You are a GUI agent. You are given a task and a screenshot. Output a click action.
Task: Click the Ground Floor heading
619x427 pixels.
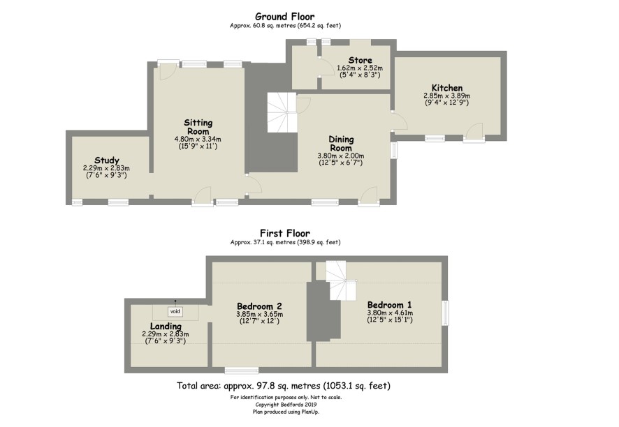click(284, 17)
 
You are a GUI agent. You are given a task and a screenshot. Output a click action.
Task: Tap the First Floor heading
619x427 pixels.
click(284, 233)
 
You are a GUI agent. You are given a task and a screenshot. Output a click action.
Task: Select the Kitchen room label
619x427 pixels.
click(447, 88)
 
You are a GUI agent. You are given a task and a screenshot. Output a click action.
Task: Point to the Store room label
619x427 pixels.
click(360, 60)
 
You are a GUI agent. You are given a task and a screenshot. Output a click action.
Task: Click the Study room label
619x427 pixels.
click(107, 160)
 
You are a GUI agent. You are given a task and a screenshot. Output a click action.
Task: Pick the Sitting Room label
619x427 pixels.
click(198, 127)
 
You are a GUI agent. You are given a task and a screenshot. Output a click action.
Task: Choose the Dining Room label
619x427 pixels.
click(341, 144)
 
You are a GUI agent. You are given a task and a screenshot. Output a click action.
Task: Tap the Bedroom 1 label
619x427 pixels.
click(390, 305)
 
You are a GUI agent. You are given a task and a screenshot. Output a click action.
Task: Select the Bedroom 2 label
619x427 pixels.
click(259, 306)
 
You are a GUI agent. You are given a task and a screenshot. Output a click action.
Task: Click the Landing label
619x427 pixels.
click(166, 327)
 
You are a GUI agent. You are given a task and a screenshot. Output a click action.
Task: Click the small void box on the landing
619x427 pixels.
click(175, 311)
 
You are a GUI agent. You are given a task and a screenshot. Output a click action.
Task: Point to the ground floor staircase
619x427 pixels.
click(282, 112)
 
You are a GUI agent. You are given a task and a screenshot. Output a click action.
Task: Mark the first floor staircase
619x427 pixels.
click(341, 280)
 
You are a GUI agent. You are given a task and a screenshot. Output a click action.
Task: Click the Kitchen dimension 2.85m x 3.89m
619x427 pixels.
click(447, 96)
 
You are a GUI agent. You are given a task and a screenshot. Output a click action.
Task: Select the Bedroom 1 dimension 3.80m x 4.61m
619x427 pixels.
click(390, 313)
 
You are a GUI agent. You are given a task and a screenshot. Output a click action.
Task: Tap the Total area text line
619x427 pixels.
click(284, 385)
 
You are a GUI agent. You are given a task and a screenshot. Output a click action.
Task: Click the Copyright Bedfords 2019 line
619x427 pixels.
click(286, 405)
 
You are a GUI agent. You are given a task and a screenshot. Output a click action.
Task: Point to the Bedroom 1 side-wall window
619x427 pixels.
click(445, 313)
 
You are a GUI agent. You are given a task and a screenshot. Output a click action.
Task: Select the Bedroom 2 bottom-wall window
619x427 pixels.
click(242, 370)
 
